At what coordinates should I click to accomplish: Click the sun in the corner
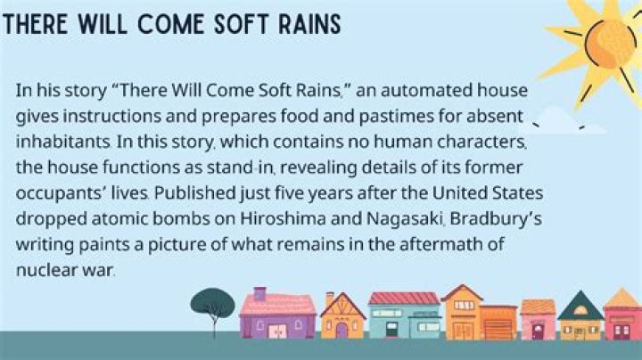point(606,36)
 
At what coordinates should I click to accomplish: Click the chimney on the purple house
point(259,292)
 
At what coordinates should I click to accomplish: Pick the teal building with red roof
point(404,316)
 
